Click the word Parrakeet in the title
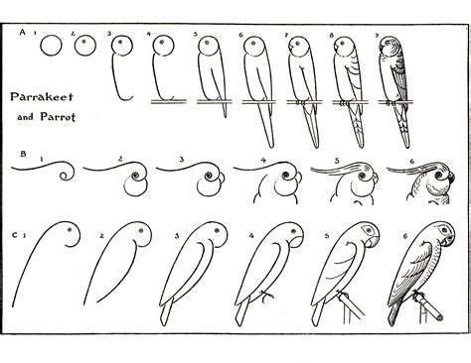[37, 98]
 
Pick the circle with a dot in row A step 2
[86, 46]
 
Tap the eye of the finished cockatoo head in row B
[422, 183]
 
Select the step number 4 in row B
[262, 159]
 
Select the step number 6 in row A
[241, 35]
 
